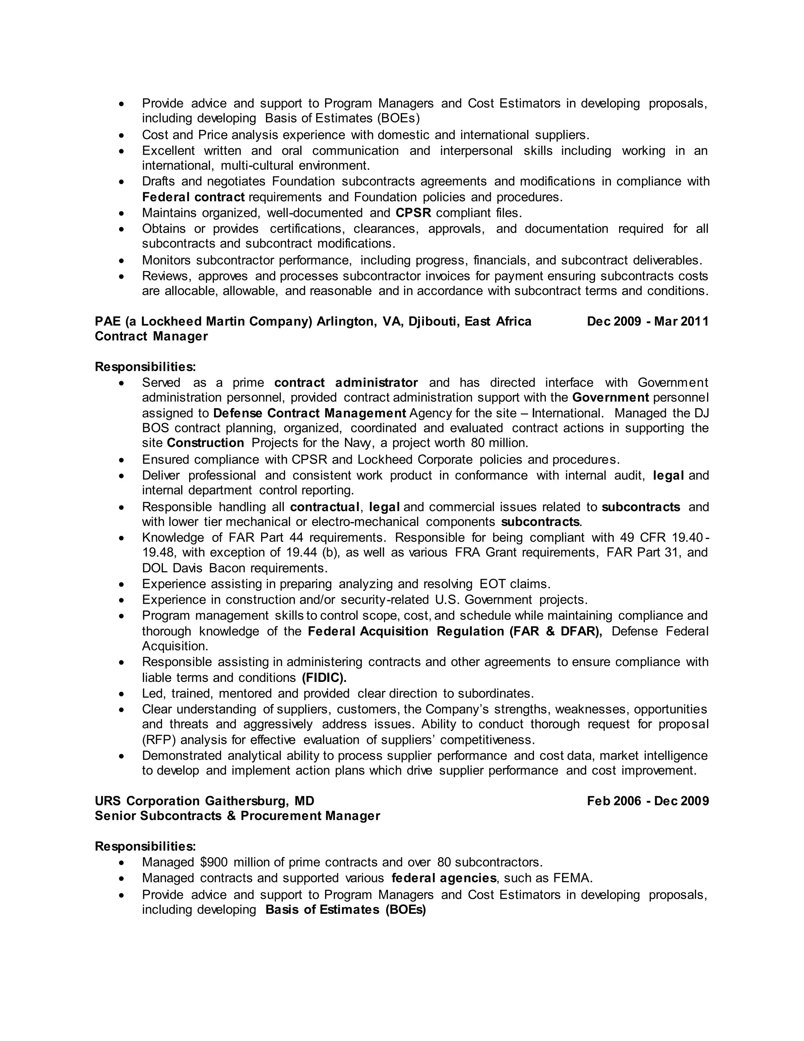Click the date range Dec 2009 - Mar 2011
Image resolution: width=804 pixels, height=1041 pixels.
click(647, 322)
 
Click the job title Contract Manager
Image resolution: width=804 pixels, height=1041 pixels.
click(151, 337)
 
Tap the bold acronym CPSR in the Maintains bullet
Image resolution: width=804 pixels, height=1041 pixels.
click(413, 213)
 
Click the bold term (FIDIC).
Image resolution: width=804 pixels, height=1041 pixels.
click(324, 678)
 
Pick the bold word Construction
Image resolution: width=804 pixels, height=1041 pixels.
click(205, 443)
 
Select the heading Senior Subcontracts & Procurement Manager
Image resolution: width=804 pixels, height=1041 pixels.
click(237, 816)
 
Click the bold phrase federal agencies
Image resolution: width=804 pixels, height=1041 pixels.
click(444, 878)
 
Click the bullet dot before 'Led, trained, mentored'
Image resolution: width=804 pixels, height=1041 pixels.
click(122, 694)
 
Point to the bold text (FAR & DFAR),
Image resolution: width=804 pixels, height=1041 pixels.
click(555, 632)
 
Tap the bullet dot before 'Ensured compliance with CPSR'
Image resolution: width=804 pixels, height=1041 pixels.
click(122, 460)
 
